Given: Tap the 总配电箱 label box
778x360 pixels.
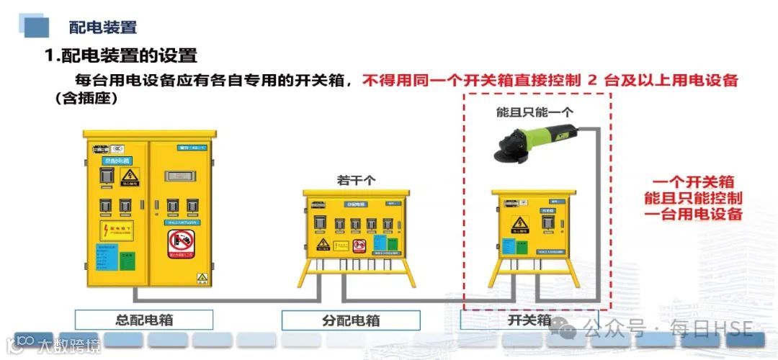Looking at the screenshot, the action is (x=144, y=320).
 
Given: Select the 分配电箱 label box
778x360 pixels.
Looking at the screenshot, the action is (x=350, y=320).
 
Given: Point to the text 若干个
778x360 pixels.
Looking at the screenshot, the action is (x=356, y=180).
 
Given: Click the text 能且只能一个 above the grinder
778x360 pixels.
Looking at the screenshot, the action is (x=534, y=112).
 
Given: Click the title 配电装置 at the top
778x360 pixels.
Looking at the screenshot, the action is (x=102, y=27).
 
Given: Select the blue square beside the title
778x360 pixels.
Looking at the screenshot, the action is (x=37, y=27).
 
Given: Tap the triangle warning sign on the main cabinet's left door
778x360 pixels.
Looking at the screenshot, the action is (x=129, y=176).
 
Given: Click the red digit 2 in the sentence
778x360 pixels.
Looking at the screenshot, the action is (x=592, y=80).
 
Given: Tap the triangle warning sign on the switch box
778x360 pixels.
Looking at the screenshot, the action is (x=520, y=225).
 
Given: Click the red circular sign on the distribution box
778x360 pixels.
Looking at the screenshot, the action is (x=359, y=246).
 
